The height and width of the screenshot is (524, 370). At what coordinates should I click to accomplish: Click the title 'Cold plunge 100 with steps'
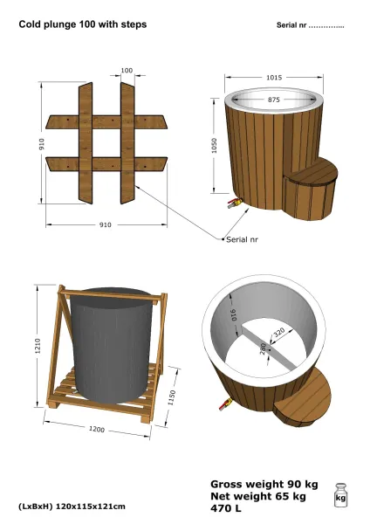point(83,24)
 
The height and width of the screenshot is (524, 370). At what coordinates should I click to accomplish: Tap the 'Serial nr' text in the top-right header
point(291,25)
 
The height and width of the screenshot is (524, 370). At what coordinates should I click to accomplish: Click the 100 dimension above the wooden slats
point(127,70)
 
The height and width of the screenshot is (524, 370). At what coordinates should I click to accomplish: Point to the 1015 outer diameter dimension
point(274,78)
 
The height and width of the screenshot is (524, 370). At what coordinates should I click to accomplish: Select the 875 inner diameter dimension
point(273,100)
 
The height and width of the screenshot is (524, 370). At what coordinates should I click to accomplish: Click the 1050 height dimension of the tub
point(214,145)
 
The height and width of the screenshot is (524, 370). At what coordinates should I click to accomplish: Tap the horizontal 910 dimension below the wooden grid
point(106,225)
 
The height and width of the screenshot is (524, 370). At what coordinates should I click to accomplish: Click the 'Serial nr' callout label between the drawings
point(242,239)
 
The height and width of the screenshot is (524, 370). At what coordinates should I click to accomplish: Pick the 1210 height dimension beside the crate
point(38,346)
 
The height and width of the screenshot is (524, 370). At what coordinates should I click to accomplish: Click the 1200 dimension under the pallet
point(97,429)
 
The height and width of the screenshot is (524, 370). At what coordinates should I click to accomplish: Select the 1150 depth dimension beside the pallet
point(172,397)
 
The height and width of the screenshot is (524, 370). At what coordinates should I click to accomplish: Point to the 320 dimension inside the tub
point(279,333)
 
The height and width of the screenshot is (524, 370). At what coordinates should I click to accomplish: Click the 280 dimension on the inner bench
point(264,348)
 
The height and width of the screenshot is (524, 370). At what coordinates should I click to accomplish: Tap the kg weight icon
point(340,495)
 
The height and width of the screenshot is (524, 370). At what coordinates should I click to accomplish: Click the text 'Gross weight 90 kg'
point(264,484)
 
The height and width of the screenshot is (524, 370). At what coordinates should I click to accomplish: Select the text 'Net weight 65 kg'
point(258,496)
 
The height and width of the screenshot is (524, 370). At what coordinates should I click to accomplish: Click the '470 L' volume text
point(226,508)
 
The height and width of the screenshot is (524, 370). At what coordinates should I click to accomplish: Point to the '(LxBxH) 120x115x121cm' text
point(72,507)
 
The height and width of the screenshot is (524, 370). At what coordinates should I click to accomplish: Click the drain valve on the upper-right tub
point(235,203)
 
